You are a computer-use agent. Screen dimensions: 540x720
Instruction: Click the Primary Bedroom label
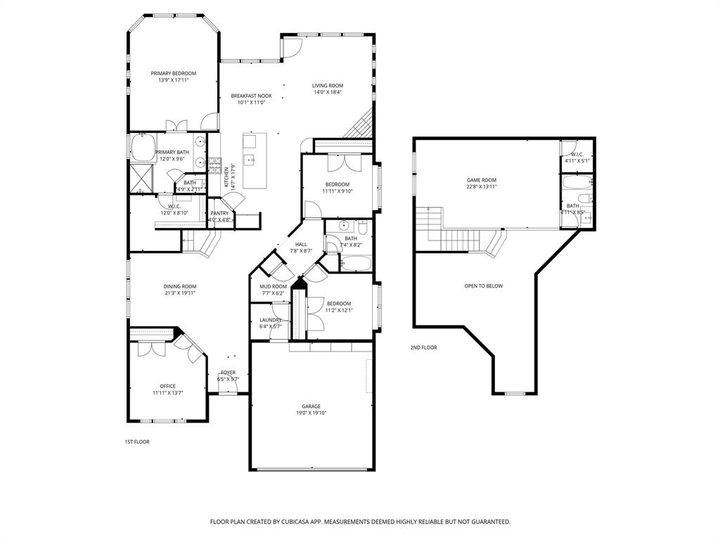(x=174, y=73)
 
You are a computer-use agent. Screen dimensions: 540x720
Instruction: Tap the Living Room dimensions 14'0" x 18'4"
(x=327, y=92)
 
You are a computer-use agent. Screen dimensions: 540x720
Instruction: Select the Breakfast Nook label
(x=251, y=96)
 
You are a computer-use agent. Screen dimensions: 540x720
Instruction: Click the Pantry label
(x=219, y=213)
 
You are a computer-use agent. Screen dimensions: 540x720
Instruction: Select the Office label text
(x=167, y=386)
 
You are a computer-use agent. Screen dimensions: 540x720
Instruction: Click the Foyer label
(x=228, y=373)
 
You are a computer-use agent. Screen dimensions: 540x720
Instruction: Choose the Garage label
(x=311, y=406)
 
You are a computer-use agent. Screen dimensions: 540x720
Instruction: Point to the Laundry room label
(x=271, y=320)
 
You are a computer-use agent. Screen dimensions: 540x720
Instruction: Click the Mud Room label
(x=273, y=286)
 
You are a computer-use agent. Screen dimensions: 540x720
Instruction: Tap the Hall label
(x=301, y=244)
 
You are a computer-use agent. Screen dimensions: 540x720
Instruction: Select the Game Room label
(x=482, y=180)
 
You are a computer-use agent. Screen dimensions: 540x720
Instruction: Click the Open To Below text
(x=484, y=286)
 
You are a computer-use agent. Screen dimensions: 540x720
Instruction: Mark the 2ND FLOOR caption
(x=424, y=347)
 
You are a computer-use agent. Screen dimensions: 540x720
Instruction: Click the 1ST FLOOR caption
(x=137, y=442)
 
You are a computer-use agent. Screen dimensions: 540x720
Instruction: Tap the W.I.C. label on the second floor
(x=577, y=154)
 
